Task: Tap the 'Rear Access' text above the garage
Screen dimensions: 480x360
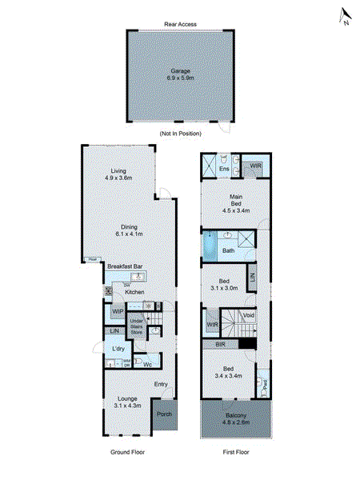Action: point(180,25)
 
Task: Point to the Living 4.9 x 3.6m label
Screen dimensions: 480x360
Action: point(119,174)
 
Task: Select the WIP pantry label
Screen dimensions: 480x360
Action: point(117,311)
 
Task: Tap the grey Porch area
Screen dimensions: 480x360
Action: point(164,414)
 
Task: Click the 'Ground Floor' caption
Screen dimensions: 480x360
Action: point(127,452)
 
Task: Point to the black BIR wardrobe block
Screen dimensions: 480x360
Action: point(248,343)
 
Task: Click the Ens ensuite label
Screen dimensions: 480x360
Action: point(225,169)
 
